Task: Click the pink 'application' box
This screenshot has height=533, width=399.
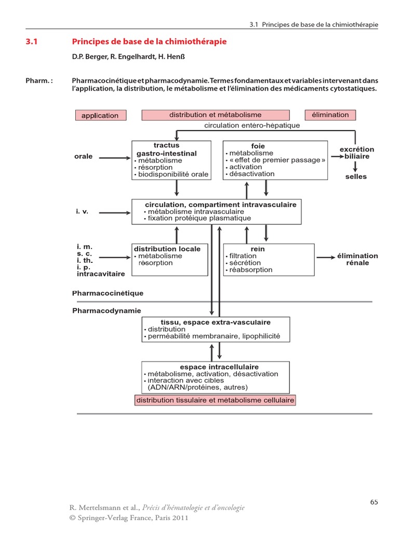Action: [x=100, y=116]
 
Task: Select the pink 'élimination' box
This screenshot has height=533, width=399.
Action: [x=330, y=115]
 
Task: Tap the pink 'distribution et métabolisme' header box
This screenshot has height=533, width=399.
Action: [x=215, y=115]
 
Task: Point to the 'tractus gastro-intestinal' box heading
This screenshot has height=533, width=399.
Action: [x=166, y=149]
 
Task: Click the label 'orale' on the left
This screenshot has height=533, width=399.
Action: [x=83, y=156]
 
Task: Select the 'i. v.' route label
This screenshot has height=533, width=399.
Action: [x=83, y=212]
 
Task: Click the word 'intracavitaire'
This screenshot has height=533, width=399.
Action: [x=101, y=273]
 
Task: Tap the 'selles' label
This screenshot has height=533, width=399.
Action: [x=356, y=176]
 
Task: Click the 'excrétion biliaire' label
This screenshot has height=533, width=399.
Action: [x=356, y=153]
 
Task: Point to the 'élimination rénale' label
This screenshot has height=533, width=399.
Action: [x=357, y=259]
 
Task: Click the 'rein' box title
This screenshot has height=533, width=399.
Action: [x=258, y=249]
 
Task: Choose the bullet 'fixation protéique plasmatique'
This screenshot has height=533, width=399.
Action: [x=199, y=219]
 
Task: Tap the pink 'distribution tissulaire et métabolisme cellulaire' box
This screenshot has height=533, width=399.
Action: [x=215, y=400]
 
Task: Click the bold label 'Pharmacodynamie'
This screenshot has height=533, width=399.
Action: [x=107, y=311]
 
